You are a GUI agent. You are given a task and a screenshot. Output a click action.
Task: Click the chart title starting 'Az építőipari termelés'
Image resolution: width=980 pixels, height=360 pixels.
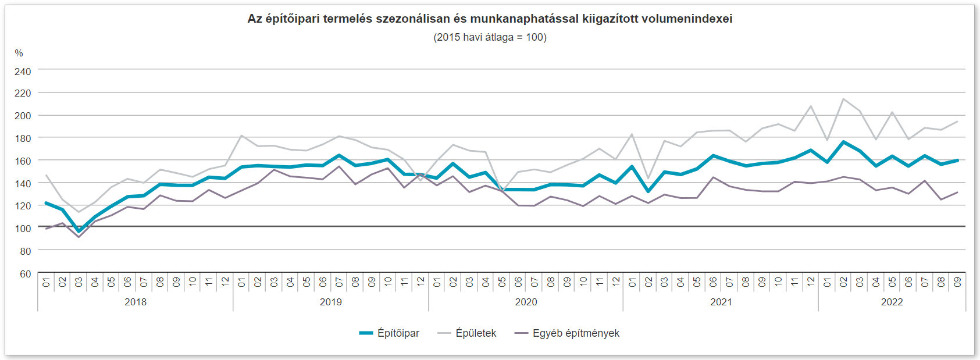490,19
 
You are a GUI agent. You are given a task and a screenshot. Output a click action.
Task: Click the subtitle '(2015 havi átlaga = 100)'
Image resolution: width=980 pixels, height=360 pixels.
490,37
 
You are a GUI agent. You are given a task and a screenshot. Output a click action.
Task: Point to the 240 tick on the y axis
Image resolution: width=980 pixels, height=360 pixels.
23,72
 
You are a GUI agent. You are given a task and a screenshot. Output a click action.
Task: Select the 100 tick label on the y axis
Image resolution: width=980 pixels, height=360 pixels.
23,229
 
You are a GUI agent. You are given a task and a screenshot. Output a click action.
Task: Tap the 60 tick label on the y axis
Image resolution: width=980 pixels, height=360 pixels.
25,274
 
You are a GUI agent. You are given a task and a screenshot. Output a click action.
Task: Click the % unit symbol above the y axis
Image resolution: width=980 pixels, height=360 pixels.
19,54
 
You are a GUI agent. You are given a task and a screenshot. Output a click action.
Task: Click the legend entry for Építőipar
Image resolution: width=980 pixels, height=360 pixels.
390,333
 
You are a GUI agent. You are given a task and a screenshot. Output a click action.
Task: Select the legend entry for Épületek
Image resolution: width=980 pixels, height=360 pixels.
468,333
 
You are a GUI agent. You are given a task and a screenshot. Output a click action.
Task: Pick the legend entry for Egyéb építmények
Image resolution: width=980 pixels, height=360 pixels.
568,333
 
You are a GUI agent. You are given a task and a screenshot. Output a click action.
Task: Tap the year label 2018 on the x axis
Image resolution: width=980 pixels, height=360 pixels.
136,302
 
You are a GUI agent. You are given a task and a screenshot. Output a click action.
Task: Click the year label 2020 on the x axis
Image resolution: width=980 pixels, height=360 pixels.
526,302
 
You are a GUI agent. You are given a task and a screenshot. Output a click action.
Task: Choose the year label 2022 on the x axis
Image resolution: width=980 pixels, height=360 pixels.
892,302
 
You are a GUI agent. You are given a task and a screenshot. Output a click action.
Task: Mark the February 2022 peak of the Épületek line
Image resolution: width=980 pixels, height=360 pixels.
843,99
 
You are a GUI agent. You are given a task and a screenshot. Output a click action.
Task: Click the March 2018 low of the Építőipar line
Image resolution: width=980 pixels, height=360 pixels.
79,231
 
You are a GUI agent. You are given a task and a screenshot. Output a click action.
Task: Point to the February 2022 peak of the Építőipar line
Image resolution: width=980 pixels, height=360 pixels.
843,142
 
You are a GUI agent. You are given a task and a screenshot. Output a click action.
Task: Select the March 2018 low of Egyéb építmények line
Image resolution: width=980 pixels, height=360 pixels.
79,237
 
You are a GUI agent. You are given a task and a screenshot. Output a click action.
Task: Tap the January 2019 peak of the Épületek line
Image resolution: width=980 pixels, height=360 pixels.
241,136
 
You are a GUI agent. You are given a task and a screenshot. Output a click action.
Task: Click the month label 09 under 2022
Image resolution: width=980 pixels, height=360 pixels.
957,282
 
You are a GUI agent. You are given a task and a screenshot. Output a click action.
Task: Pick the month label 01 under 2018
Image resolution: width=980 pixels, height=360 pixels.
47,282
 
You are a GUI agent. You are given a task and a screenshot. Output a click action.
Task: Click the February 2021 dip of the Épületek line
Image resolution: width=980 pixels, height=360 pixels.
648,179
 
